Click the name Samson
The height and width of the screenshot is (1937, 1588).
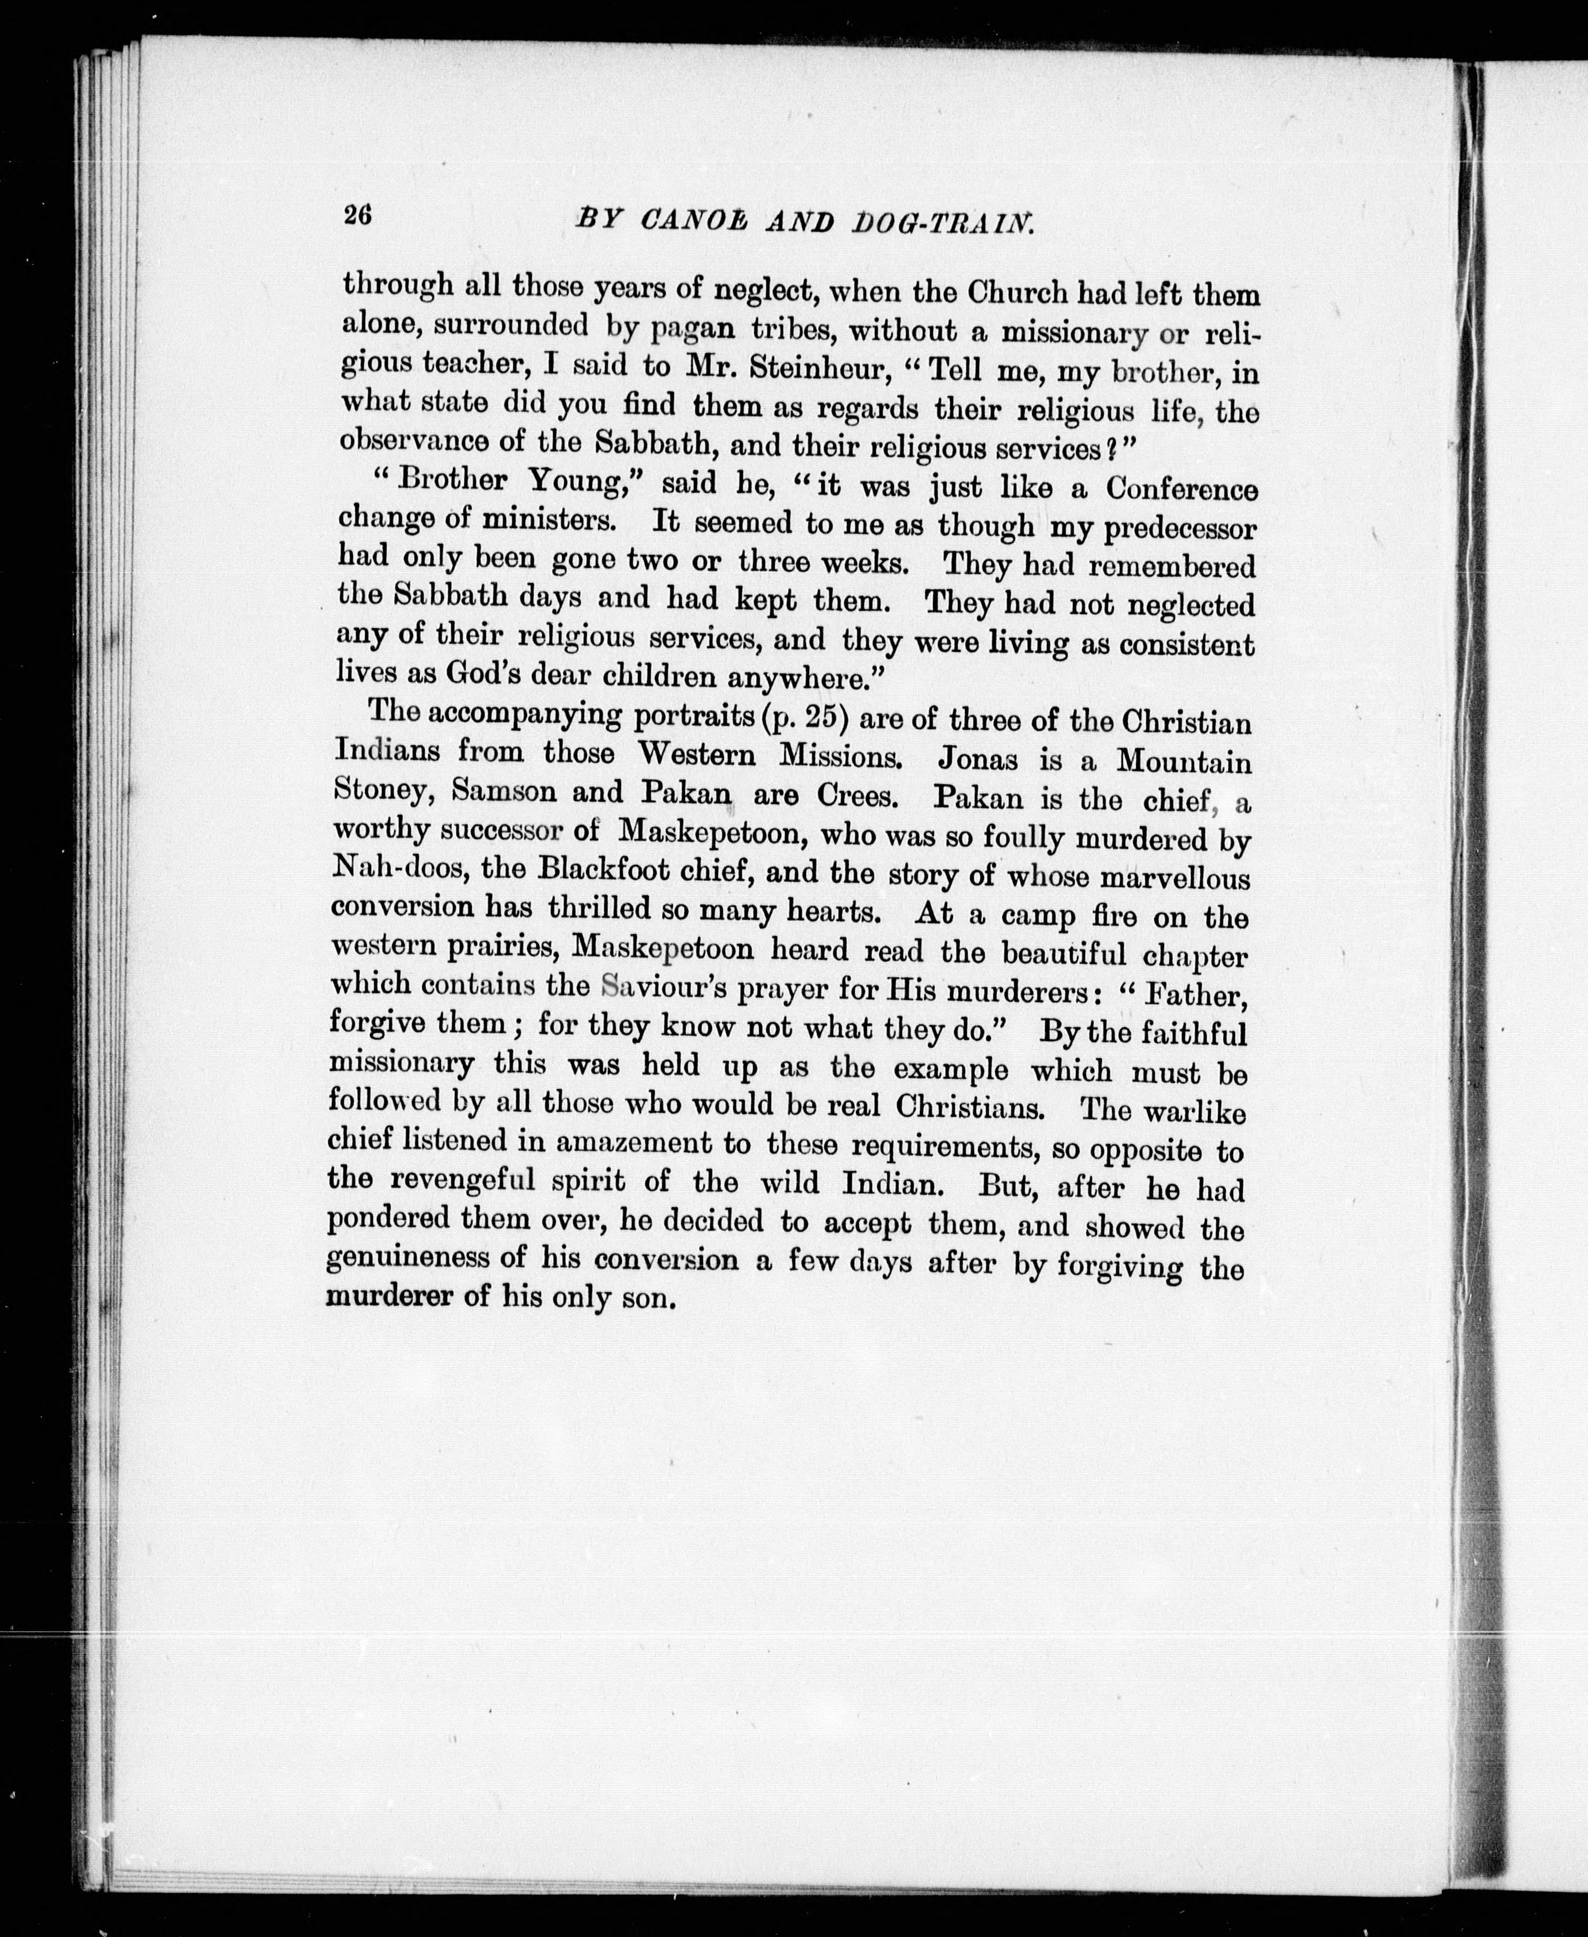tap(503, 792)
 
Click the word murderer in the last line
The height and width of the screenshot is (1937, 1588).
tap(390, 1297)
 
